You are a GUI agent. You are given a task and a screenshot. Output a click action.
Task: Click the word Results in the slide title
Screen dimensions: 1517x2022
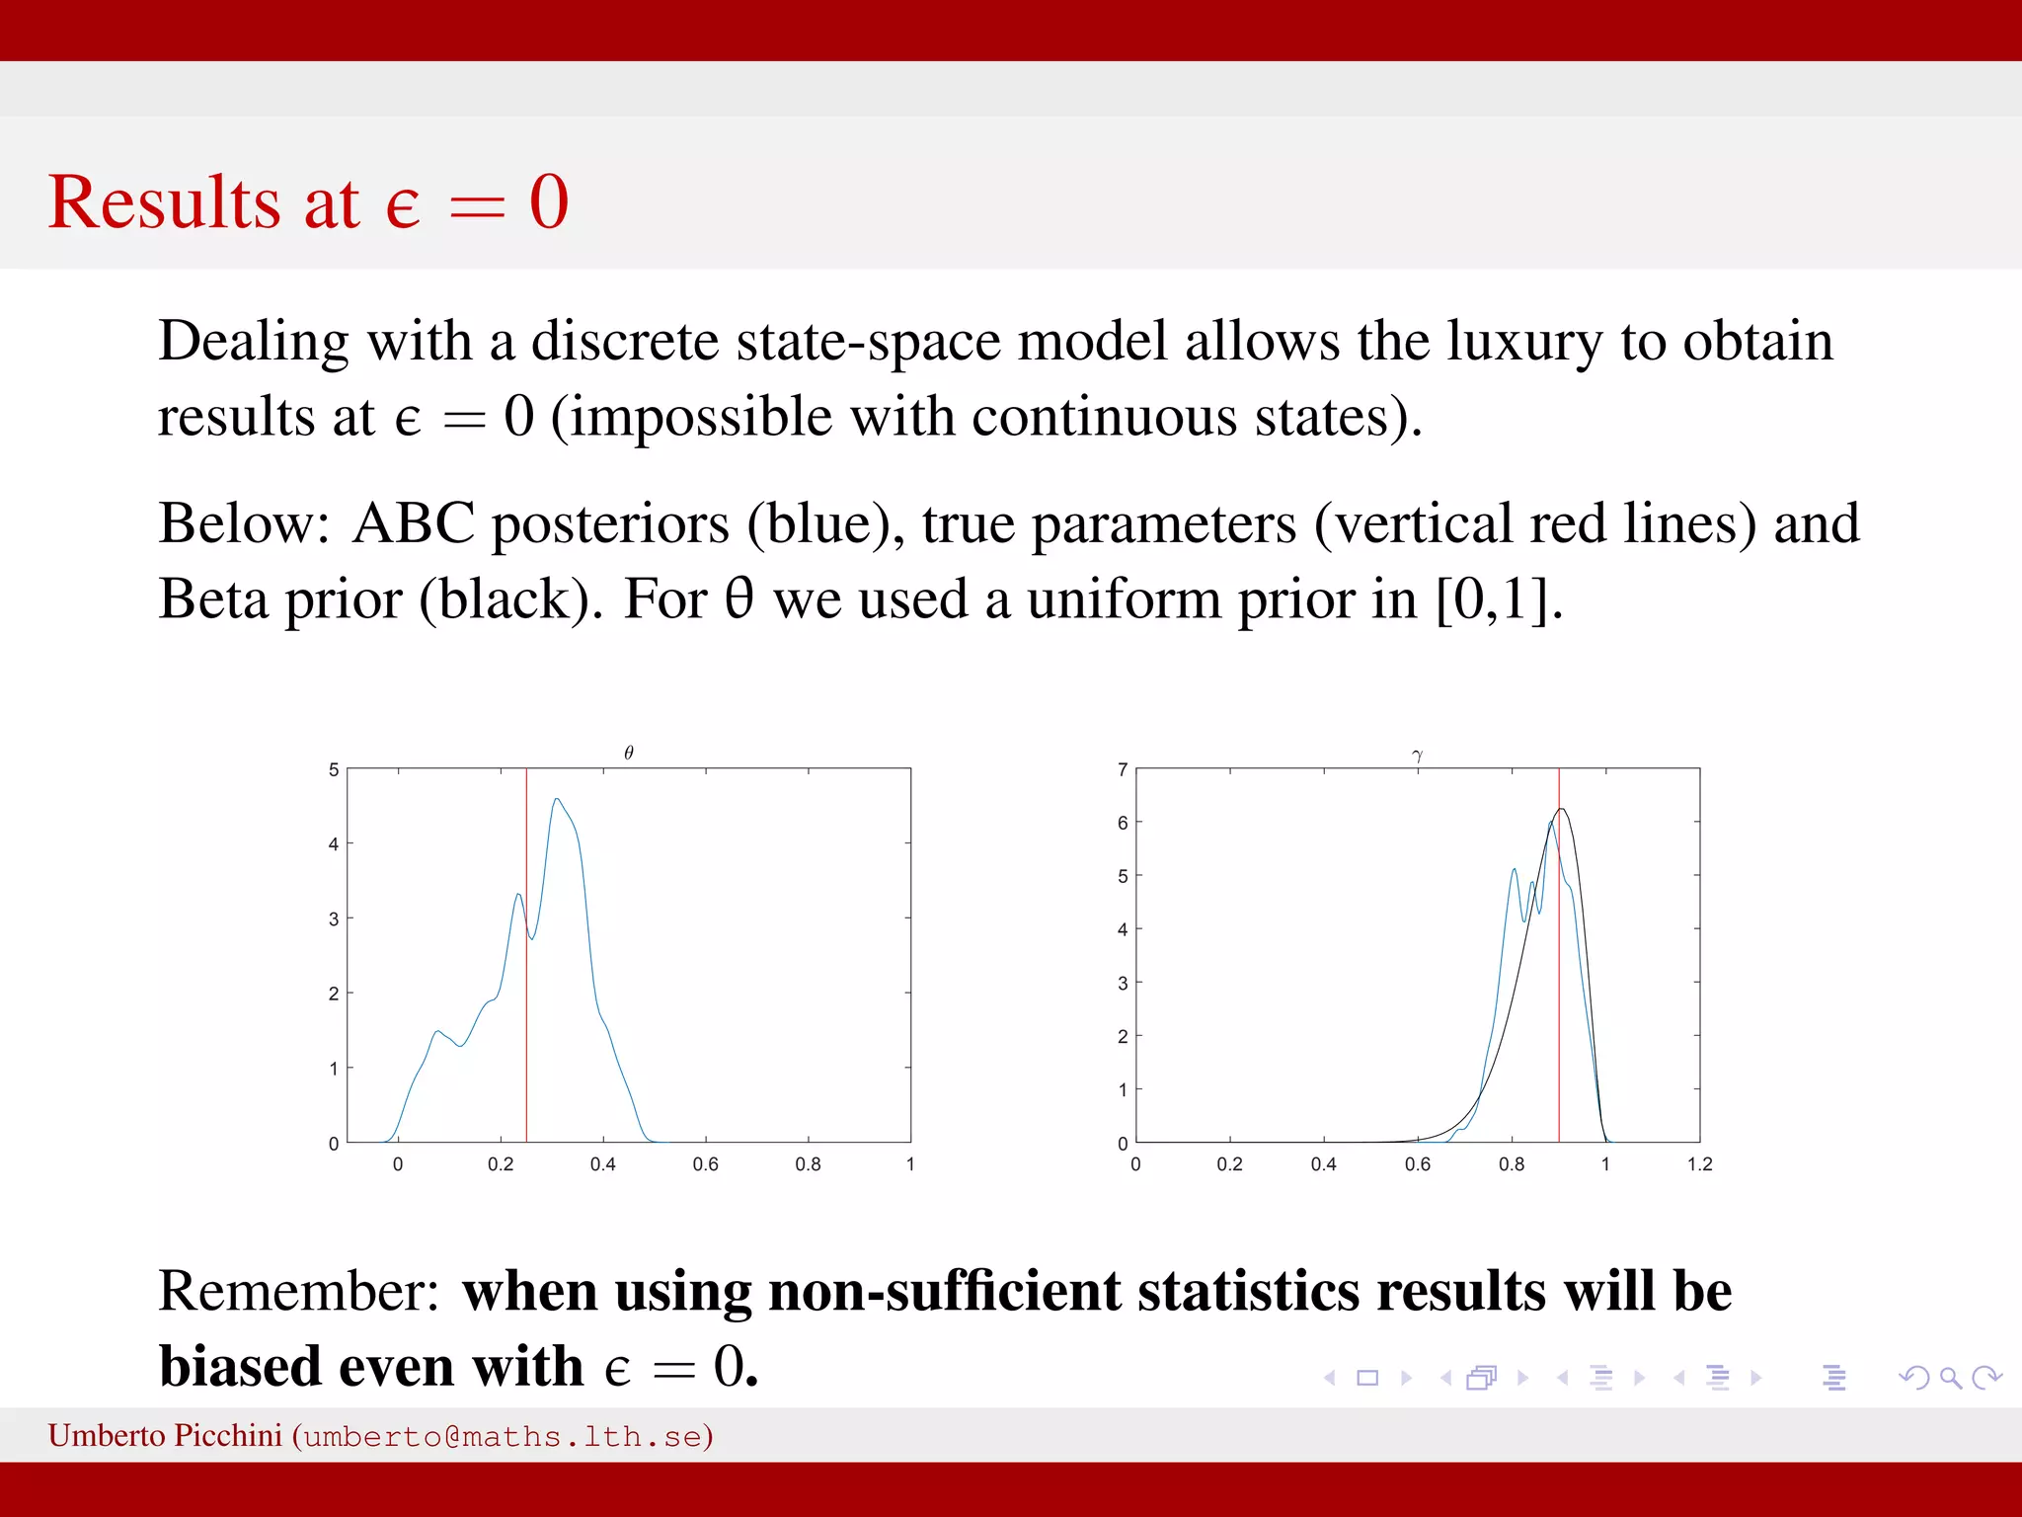point(164,202)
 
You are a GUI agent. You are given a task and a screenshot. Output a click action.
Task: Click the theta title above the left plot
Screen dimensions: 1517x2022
point(629,754)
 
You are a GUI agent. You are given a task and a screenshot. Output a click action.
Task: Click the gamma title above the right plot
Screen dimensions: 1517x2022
point(1418,756)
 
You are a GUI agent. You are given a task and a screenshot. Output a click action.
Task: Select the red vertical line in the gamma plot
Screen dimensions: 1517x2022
point(1559,988)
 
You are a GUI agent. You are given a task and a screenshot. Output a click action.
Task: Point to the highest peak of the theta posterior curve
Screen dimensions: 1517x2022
point(557,799)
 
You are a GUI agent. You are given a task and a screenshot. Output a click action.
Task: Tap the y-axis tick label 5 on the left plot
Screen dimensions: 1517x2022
point(334,769)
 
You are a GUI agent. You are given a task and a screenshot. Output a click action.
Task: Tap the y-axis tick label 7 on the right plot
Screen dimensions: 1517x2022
point(1123,769)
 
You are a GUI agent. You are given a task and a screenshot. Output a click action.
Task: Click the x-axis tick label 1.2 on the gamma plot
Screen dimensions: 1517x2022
point(1699,1164)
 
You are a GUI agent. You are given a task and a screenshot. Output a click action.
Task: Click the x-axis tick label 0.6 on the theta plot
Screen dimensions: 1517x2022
point(705,1164)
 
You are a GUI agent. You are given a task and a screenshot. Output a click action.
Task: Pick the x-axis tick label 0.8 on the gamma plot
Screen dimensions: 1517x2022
point(1511,1164)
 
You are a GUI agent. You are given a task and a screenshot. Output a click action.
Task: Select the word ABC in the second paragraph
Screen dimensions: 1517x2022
point(414,523)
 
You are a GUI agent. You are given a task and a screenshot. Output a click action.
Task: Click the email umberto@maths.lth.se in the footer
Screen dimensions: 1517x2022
point(504,1436)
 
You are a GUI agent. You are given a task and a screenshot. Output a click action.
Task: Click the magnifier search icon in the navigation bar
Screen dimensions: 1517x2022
point(1950,1377)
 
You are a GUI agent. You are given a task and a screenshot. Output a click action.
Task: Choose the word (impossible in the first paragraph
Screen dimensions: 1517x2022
point(691,417)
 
